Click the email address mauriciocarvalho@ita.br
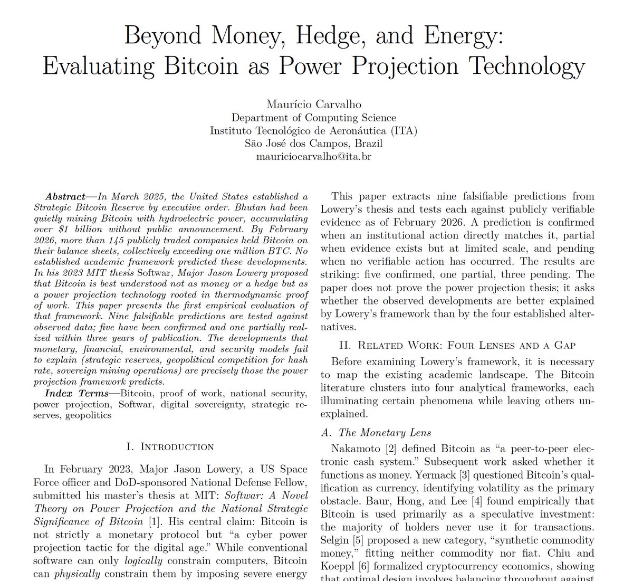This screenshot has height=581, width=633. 313,156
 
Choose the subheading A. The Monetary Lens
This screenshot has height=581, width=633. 376,433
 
